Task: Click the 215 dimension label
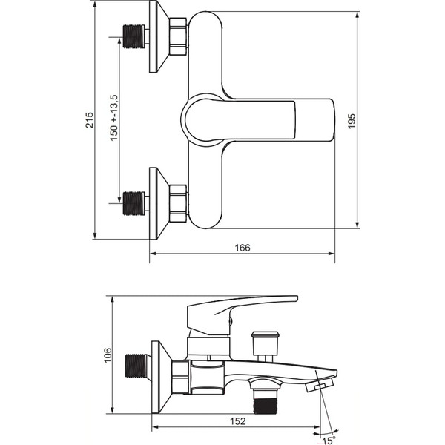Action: [x=90, y=120]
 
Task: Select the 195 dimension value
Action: [x=352, y=121]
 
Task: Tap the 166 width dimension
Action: [x=243, y=248]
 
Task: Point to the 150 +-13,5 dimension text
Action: [x=113, y=118]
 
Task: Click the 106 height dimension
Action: [x=108, y=355]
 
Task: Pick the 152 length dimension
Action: [x=237, y=421]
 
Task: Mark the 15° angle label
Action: [x=329, y=440]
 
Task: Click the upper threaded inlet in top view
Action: [x=133, y=36]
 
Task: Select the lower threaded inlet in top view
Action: [x=133, y=203]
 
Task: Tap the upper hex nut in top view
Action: [x=178, y=36]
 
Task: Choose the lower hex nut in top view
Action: [x=178, y=203]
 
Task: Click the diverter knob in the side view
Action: [x=266, y=346]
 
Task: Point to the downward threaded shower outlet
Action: [x=264, y=401]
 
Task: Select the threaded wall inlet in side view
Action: [x=136, y=366]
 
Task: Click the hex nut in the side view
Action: [x=180, y=378]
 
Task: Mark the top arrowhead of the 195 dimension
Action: [x=357, y=15]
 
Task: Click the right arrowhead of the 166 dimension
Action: [x=332, y=254]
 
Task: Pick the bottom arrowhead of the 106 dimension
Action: [x=113, y=410]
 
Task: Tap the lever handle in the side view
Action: [x=242, y=310]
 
